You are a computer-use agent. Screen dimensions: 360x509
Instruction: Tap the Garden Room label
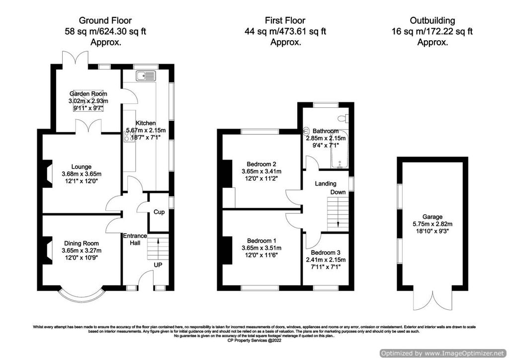click(x=88, y=93)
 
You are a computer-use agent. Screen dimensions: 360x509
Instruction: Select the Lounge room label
click(x=81, y=167)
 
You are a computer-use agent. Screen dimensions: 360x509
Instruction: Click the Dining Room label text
click(x=82, y=243)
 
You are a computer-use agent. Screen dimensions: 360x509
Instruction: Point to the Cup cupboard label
click(x=159, y=212)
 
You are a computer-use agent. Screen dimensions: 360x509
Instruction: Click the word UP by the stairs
click(x=159, y=265)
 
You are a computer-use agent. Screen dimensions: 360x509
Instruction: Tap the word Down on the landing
click(x=338, y=192)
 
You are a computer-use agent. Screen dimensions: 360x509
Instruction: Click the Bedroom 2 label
click(x=261, y=164)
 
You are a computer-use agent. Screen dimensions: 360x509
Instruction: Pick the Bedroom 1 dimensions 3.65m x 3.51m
click(x=261, y=248)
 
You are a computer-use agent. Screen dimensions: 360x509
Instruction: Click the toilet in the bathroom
click(x=341, y=119)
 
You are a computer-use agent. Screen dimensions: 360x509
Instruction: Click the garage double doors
click(x=431, y=299)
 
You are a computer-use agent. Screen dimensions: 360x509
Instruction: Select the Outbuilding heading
click(x=432, y=20)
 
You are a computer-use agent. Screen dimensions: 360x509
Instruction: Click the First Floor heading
click(x=285, y=20)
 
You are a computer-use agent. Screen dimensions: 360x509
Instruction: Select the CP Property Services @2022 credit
click(x=254, y=341)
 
